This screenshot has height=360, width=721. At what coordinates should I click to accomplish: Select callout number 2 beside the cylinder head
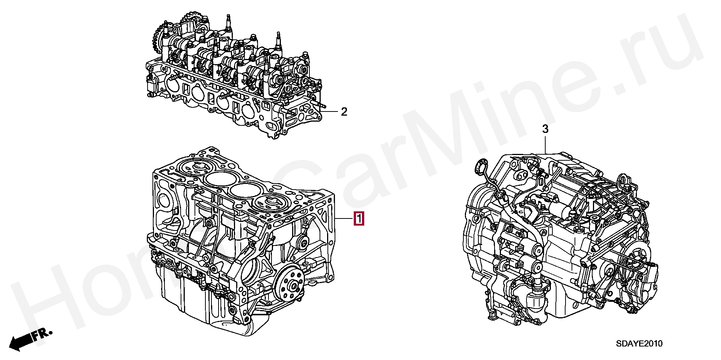[344, 112]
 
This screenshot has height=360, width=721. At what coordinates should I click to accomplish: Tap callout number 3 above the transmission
[545, 130]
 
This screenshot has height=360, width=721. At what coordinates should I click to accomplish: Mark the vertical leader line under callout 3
[545, 145]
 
